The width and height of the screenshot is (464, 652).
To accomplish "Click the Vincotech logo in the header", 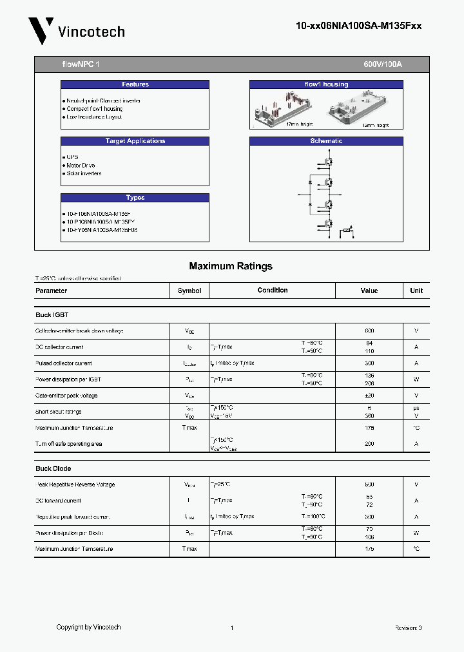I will (76, 31).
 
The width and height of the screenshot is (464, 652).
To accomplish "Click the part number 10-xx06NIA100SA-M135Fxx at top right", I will (358, 26).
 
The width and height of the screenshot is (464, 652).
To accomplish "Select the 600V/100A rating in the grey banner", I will (383, 65).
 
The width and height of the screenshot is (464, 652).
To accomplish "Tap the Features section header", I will (135, 84).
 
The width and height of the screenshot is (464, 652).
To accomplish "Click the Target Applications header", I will (135, 141).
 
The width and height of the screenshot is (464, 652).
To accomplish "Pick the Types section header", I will (135, 198).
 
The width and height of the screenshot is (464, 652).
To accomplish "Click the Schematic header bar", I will (326, 141).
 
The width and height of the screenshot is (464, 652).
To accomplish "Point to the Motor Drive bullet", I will (81, 166).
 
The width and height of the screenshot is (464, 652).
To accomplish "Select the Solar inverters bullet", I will (84, 173).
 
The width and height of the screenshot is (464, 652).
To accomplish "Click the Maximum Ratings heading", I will (231, 266).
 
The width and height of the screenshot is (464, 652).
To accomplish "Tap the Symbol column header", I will (189, 291).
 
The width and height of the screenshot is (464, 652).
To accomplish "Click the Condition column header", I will (273, 291).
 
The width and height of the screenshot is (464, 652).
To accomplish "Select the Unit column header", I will (416, 291).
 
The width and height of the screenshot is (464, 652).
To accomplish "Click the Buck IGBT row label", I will (52, 315).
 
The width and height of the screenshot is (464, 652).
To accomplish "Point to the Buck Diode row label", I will (53, 468).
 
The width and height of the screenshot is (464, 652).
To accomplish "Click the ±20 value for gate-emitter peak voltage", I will (369, 396).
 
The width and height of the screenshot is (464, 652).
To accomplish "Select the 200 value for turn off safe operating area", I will (369, 444).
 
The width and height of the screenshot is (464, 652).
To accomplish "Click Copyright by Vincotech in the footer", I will (88, 627).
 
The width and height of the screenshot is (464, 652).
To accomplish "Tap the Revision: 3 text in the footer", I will (408, 628).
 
